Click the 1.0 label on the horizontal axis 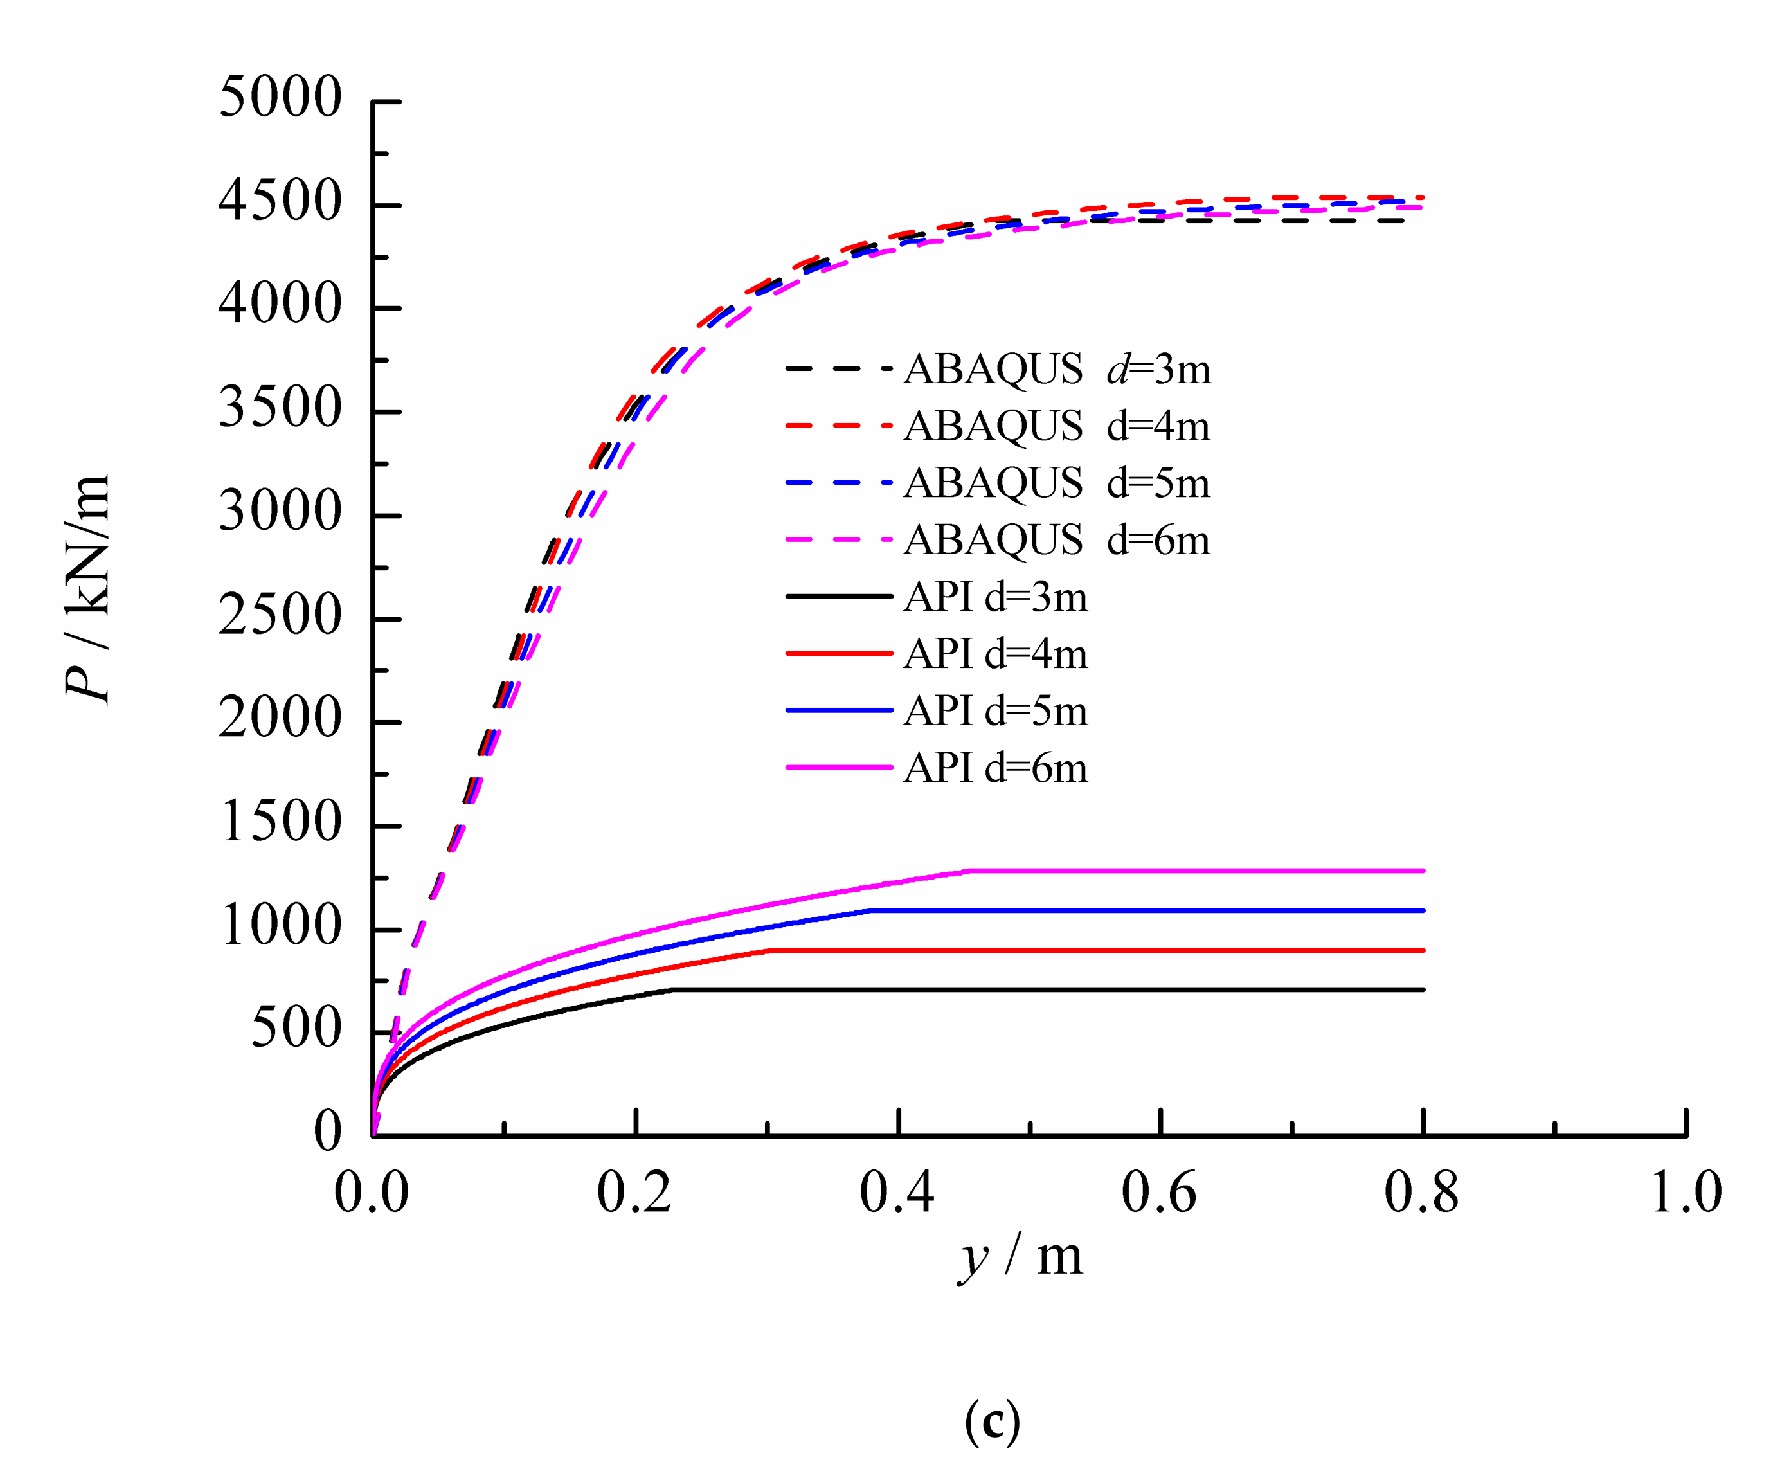click(1684, 1193)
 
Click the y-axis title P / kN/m click(87, 588)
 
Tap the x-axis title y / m click(1020, 1256)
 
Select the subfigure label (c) click(992, 1420)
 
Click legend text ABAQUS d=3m click(1057, 368)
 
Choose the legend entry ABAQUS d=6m click(1057, 540)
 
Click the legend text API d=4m click(995, 654)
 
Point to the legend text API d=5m click(995, 711)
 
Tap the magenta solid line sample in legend click(838, 768)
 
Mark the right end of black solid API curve click(1423, 989)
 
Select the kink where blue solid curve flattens click(871, 910)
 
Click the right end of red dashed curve click(1422, 197)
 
